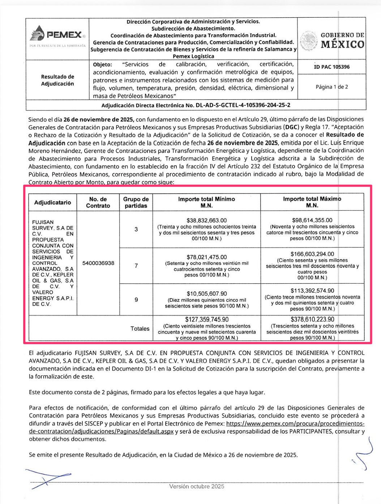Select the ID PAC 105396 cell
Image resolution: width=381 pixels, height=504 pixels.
click(x=331, y=67)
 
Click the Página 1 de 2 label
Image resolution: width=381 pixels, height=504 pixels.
click(x=331, y=87)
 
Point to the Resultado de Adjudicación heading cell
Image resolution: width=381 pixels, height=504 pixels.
click(x=57, y=80)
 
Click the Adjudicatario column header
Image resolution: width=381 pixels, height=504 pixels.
click(x=53, y=203)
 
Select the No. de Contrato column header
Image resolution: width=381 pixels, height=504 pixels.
click(x=98, y=203)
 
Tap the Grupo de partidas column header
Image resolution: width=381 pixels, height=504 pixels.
click(x=136, y=203)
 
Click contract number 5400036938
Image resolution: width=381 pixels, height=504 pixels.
click(x=98, y=263)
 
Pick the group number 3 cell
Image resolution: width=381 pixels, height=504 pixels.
click(x=136, y=229)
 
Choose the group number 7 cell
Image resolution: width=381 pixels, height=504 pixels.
click(x=136, y=266)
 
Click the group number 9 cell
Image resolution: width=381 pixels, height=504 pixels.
click(x=136, y=300)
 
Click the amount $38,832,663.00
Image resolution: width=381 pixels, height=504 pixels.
click(x=207, y=220)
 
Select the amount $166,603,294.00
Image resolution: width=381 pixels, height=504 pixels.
click(x=312, y=254)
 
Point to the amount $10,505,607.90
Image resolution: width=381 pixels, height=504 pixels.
click(x=207, y=294)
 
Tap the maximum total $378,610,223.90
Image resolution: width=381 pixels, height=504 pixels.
click(x=312, y=320)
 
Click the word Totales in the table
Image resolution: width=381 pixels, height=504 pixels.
click(x=140, y=329)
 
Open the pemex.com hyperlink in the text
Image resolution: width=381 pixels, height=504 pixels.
click(x=295, y=423)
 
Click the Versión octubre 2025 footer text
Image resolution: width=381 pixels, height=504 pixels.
click(x=197, y=486)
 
